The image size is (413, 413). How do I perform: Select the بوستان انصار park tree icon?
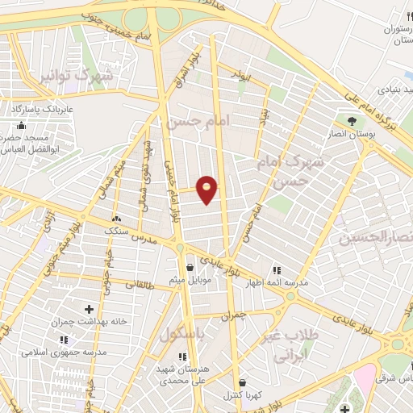352,121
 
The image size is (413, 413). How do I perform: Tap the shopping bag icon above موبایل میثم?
190,267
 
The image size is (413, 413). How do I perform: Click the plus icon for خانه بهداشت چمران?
90,309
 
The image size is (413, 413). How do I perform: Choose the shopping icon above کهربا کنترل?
242,383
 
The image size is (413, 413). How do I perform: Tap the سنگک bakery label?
116,231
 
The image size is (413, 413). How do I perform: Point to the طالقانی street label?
139,284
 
